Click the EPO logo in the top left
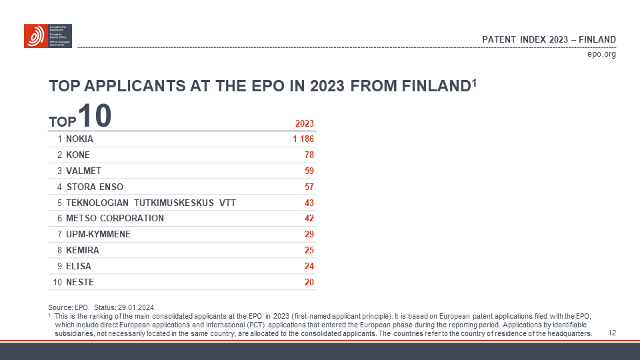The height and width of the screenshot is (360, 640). coord(47,36)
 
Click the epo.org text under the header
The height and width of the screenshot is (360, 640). coord(601,54)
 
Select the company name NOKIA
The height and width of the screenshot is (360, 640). coord(80,139)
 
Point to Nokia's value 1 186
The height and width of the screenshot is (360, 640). coord(303,139)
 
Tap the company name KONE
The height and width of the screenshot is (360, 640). coord(78,155)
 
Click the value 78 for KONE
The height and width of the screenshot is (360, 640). coord(309,155)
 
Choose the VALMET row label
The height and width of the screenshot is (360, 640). coord(84,171)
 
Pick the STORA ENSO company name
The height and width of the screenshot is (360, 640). coord(95,187)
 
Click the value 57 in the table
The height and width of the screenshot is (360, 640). coord(309,187)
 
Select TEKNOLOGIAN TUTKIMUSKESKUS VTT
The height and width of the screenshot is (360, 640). coord(151,203)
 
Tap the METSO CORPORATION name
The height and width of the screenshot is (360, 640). coord(115,218)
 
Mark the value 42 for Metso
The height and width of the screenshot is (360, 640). coord(309,218)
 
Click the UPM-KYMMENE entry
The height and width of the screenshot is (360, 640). coord(98,234)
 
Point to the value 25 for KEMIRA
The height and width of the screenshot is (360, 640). coord(309,250)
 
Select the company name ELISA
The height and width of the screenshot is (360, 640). coord(79,266)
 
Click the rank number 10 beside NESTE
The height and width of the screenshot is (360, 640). coord(57,282)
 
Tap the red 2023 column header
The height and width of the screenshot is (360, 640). coord(304,123)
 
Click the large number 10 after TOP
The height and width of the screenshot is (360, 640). coord(94,115)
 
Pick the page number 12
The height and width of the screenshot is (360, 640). coord(612,333)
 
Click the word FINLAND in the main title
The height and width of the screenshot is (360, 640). coord(435,87)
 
